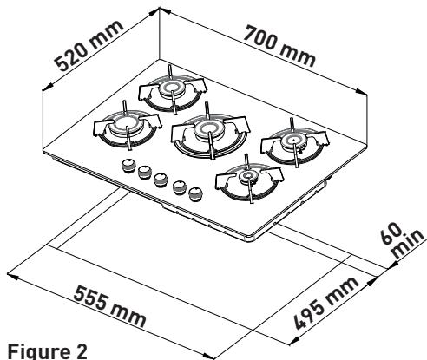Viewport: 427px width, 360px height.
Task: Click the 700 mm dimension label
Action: (279, 46)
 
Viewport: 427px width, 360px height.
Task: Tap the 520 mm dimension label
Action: (89, 46)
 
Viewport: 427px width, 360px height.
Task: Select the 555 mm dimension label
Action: (109, 306)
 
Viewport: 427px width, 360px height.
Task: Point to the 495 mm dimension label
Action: (326, 303)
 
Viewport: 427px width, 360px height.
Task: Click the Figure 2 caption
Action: (47, 351)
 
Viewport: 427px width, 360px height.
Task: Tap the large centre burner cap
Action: (208, 129)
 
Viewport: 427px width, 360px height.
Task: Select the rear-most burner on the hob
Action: (172, 88)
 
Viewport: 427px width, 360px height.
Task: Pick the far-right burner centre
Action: (294, 141)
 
